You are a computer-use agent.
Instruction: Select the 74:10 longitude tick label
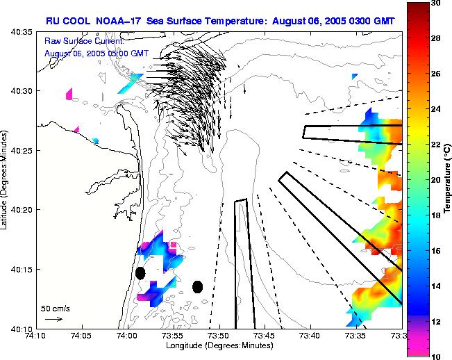pos(35,336)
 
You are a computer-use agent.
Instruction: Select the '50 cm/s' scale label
pos(55,308)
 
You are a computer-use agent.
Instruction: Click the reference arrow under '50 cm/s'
pos(53,319)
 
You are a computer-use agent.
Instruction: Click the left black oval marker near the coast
pos(140,273)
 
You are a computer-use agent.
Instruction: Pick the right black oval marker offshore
pos(197,286)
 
